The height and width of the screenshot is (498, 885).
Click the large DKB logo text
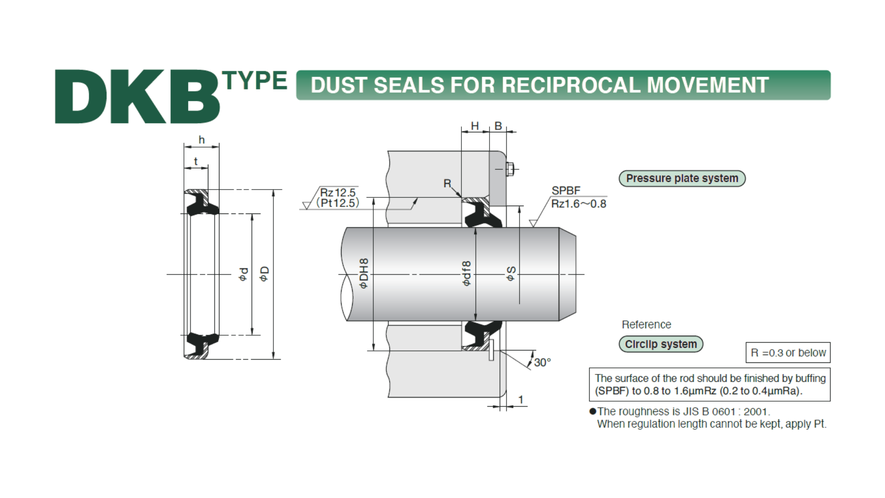(137, 97)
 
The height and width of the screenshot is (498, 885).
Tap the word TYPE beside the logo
(255, 81)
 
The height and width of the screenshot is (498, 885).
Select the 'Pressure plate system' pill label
(682, 178)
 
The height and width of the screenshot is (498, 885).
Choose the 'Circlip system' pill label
(661, 344)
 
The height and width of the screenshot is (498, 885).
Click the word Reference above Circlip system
(646, 325)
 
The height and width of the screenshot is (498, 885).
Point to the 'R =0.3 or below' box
(788, 353)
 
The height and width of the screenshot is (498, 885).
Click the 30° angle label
(543, 362)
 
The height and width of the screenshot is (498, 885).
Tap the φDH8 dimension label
(364, 273)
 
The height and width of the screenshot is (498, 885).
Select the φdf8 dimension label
(466, 273)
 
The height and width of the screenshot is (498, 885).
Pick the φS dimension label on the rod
(511, 273)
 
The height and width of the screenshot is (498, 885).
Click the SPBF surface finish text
(566, 190)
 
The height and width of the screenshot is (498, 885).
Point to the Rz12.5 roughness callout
(338, 193)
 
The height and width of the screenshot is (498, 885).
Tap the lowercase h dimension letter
(201, 140)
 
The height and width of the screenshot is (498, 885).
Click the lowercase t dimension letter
(195, 161)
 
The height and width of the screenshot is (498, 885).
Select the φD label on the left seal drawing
(264, 274)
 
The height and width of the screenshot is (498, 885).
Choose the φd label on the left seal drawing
(244, 274)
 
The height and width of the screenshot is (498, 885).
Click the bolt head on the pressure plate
(510, 169)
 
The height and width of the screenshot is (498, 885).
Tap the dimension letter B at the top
(498, 126)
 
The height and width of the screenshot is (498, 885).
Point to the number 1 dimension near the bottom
(521, 399)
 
